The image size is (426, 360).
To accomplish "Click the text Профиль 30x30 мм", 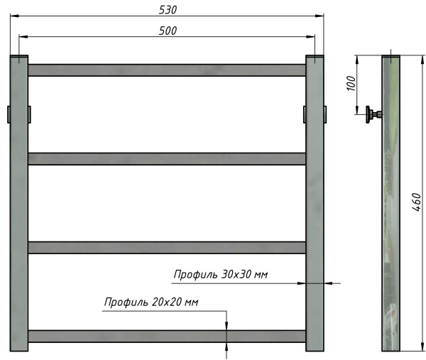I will pos(221,274).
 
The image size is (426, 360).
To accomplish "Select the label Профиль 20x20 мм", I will pos(151,302).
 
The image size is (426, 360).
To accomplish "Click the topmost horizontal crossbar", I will pos(167,70).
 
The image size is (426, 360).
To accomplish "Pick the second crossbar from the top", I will pos(167,159).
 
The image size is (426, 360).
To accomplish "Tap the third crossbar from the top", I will pos(167,247).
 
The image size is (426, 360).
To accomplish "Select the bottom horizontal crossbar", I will pos(167,336).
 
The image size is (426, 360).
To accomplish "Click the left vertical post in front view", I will pos(19,206).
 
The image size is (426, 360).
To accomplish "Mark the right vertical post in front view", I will pos(315,206).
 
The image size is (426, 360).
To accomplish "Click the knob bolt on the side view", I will pos(372,114).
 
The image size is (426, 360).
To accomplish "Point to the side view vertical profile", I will pos(392,213).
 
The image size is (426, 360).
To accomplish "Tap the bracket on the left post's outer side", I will pos(8,114).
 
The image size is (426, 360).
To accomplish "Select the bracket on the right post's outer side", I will pos(325,114).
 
